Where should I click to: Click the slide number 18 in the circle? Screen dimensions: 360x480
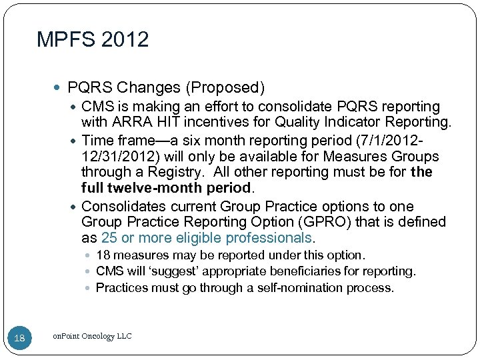click(x=19, y=338)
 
